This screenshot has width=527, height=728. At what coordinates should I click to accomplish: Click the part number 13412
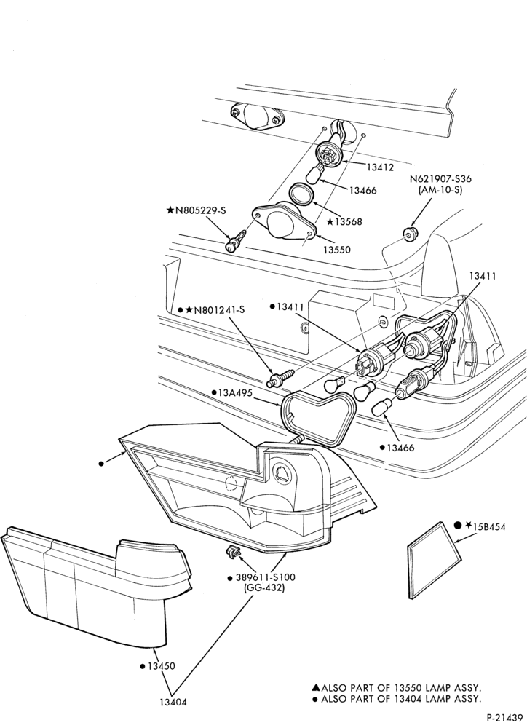click(380, 167)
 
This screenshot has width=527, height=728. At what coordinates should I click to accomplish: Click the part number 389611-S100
click(262, 577)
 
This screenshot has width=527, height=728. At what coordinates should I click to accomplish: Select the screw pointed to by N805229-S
click(237, 242)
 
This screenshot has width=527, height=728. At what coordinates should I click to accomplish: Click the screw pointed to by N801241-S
click(280, 377)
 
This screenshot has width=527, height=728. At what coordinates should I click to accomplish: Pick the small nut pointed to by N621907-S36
click(410, 233)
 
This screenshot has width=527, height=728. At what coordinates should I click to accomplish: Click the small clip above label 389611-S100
click(233, 553)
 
